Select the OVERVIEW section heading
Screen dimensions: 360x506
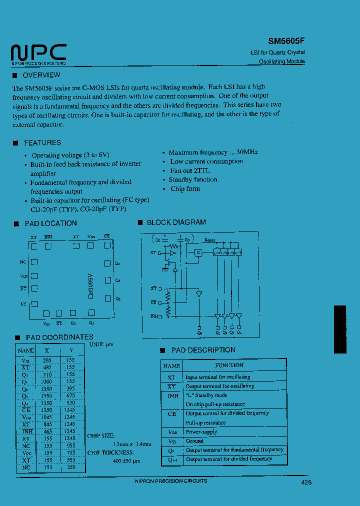pos(41,75)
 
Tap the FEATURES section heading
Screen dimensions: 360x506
pos(42,143)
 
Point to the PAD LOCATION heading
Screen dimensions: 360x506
pos(51,223)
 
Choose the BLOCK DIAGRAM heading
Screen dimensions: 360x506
pos(176,222)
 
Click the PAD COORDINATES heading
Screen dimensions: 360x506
pos(59,337)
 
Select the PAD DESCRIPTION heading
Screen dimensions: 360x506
pos(203,350)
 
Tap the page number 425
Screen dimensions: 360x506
pos(306,482)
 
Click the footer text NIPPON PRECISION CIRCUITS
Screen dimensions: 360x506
pos(171,480)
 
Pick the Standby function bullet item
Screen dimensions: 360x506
pos(193,179)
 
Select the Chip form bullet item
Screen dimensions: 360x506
pos(185,189)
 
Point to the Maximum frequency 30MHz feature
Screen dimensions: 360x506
pos(213,152)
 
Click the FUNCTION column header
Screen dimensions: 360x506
pos(229,365)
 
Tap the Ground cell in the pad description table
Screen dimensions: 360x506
pos(194,441)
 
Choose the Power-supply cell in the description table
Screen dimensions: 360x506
pos(201,431)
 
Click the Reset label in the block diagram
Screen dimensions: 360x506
pos(209,240)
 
